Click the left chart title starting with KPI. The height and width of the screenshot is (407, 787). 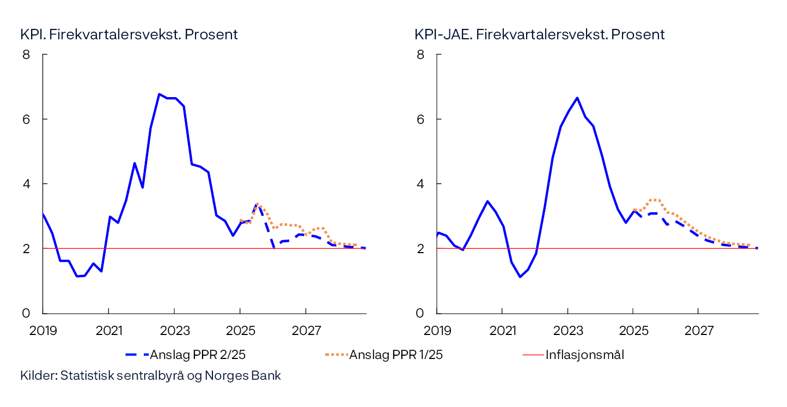point(129,34)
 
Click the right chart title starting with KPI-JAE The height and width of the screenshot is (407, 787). point(539,34)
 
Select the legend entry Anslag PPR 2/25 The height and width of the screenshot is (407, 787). point(186,355)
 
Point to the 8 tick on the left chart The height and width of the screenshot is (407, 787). point(26,55)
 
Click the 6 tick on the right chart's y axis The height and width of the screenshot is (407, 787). point(419,119)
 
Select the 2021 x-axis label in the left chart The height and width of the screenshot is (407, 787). point(108,331)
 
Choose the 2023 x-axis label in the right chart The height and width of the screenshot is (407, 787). point(568,331)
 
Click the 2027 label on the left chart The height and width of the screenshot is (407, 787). point(306,331)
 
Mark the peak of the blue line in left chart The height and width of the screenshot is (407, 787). point(159,94)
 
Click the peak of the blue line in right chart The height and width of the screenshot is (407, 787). point(577,98)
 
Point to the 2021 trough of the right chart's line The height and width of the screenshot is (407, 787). point(520,277)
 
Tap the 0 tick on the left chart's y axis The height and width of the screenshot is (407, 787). point(26,313)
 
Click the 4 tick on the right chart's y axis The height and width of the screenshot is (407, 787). point(419,184)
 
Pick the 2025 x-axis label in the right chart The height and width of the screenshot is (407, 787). point(633,331)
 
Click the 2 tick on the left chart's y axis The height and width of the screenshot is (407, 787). point(26,248)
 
